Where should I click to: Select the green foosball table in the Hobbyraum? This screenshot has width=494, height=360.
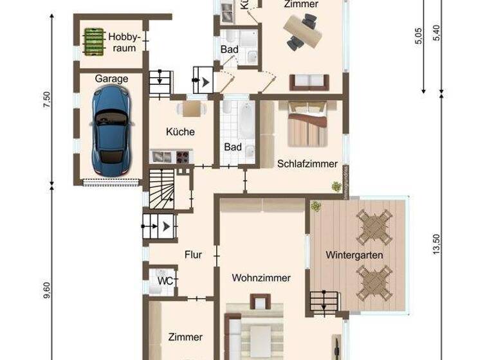pos(93,41)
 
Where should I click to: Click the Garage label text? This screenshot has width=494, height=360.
pos(111,78)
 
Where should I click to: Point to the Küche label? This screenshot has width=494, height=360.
pos(180,132)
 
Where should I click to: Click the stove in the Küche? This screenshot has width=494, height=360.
pos(182,156)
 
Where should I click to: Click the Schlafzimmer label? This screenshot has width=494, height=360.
pos(307,164)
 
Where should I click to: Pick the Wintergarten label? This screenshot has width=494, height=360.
pos(354,255)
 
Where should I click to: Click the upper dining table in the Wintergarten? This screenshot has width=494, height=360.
pos(374,226)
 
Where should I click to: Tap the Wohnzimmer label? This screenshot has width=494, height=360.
pos(261,278)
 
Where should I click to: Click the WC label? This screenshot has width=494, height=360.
pos(165,281)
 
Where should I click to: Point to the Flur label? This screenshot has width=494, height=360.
pos(193,255)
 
